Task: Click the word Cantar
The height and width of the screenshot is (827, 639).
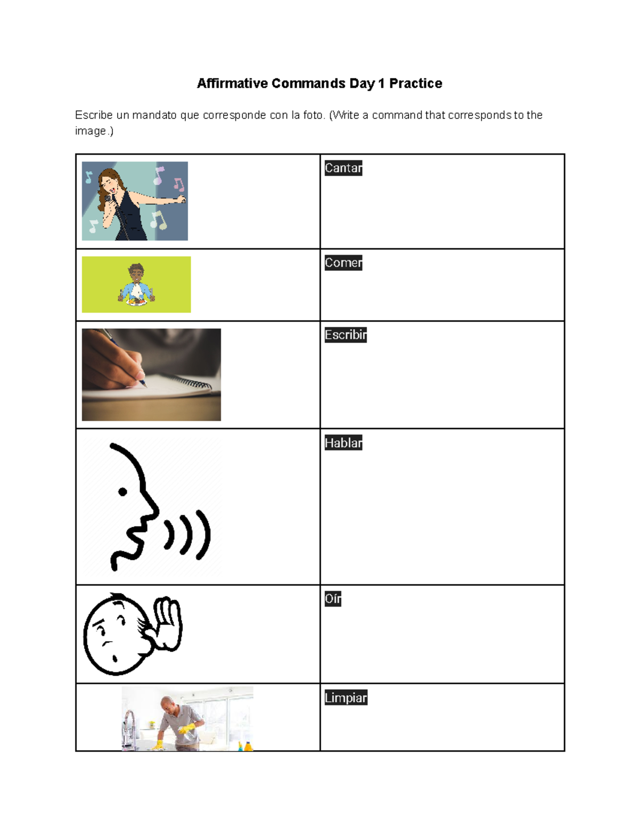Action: [x=343, y=168]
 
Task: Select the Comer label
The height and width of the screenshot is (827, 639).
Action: [x=343, y=263]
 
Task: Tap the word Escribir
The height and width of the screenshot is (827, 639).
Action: [x=346, y=335]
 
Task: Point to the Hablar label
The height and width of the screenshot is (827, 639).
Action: [x=343, y=443]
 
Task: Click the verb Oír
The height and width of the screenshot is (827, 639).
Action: [x=333, y=599]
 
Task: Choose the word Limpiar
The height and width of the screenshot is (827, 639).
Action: [x=346, y=698]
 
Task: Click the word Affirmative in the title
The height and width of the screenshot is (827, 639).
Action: [x=233, y=84]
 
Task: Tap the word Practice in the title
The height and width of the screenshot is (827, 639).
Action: [x=415, y=84]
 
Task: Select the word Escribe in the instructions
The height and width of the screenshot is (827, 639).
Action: [x=94, y=115]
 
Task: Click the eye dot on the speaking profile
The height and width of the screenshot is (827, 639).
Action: [x=122, y=492]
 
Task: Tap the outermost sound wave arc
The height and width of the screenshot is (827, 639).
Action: [x=204, y=535]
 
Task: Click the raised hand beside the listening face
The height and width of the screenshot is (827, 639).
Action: [x=168, y=623]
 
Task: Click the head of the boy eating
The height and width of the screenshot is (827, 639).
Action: [x=136, y=274]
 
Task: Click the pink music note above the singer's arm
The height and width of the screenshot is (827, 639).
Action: [x=179, y=185]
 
